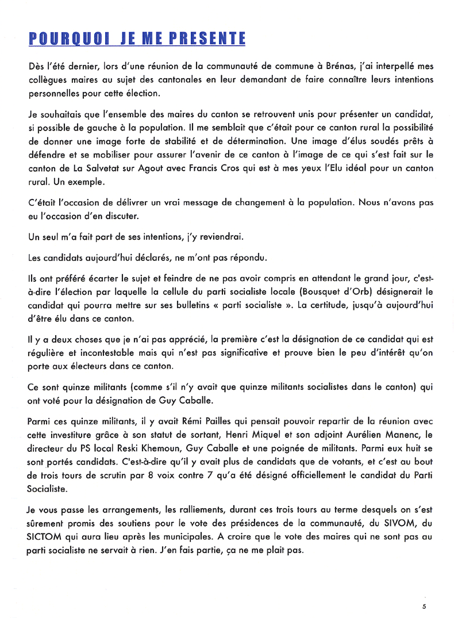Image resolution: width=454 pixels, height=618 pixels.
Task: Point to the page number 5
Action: tap(424, 606)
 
